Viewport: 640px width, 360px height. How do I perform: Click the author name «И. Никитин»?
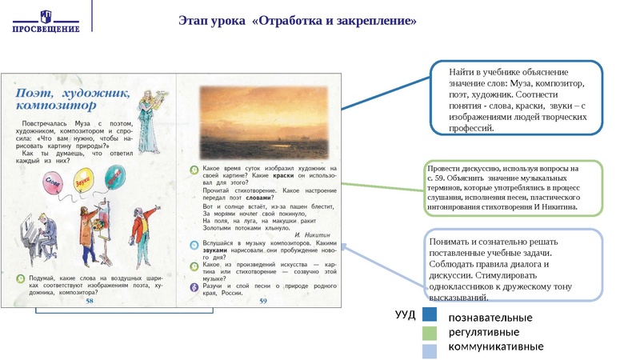pos(312,234)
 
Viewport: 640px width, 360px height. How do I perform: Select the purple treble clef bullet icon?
pos(194,286)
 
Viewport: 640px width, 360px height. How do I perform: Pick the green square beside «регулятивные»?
pos(429,332)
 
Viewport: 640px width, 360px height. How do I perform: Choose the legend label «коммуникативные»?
pos(495,347)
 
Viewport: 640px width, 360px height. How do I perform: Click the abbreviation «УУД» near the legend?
pos(406,314)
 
